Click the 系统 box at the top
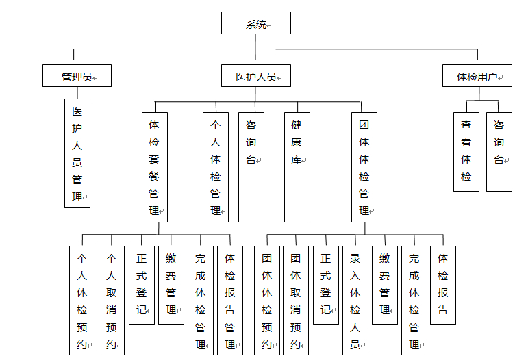[x=256, y=23]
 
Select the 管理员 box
[x=77, y=76]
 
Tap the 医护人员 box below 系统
[x=256, y=76]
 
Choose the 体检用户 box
[x=477, y=76]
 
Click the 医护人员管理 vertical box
[x=77, y=153]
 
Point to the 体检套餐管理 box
[x=155, y=167]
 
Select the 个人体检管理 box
[x=216, y=167]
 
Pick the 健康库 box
[x=297, y=167]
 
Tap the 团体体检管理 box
[x=364, y=167]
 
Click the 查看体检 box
[x=466, y=152]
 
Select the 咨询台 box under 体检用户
[x=499, y=152]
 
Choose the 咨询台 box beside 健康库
[x=251, y=167]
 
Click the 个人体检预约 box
[x=82, y=300]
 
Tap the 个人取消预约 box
[x=112, y=300]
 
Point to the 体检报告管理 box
[x=230, y=300]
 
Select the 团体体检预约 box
[x=267, y=300]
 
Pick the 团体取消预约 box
[x=296, y=300]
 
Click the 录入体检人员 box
[x=355, y=300]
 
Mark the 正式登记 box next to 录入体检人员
[x=326, y=285]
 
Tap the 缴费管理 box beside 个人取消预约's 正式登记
[x=171, y=285]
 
